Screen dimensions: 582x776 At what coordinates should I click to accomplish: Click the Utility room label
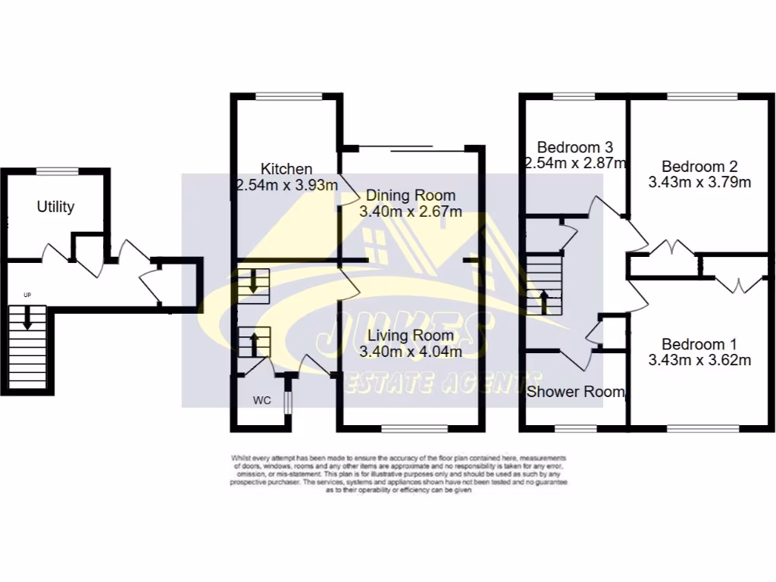pyautogui.click(x=55, y=206)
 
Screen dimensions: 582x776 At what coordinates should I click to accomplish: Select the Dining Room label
pyautogui.click(x=411, y=195)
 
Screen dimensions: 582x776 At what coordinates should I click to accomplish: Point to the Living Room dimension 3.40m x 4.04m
pyautogui.click(x=411, y=351)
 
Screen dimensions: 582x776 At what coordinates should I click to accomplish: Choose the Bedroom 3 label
pyautogui.click(x=574, y=147)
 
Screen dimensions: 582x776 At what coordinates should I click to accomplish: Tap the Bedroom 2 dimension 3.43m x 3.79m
pyautogui.click(x=699, y=182)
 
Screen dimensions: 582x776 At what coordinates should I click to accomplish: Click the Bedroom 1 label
pyautogui.click(x=699, y=343)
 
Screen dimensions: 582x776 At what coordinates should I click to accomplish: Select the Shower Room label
pyautogui.click(x=576, y=392)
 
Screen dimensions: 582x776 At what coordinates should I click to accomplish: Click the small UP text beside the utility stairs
pyautogui.click(x=28, y=294)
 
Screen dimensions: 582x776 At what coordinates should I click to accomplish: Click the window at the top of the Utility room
pyautogui.click(x=58, y=171)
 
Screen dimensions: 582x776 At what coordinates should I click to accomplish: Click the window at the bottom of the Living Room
pyautogui.click(x=414, y=428)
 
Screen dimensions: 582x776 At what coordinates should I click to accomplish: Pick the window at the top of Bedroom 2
pyautogui.click(x=701, y=96)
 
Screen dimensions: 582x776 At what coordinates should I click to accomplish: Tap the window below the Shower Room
pyautogui.click(x=574, y=428)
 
